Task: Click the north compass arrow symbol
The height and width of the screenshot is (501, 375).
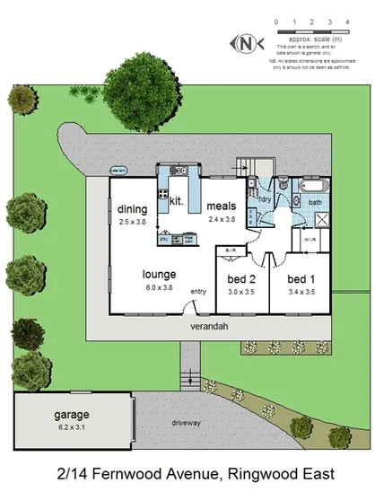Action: tap(244, 42)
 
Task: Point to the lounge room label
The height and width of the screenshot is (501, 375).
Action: tap(158, 275)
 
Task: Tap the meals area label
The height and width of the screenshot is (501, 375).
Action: tap(221, 206)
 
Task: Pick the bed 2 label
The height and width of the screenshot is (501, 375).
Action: tap(241, 279)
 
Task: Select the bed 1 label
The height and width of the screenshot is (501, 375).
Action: tap(302, 279)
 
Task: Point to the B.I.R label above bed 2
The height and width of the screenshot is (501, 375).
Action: tap(231, 250)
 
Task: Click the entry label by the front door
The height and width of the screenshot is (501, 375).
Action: tap(198, 291)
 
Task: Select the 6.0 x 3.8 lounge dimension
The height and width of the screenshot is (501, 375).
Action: tap(158, 287)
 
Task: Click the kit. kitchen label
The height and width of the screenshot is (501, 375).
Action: tap(177, 202)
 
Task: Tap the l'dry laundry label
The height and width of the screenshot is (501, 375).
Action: tap(266, 198)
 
